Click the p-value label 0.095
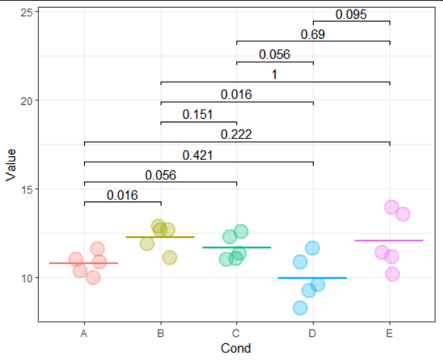pyautogui.click(x=351, y=15)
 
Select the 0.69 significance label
pyautogui.click(x=312, y=35)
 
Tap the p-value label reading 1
pyautogui.click(x=275, y=75)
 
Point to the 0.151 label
pyautogui.click(x=198, y=115)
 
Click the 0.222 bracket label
pyautogui.click(x=236, y=134)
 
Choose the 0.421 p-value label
pyautogui.click(x=198, y=155)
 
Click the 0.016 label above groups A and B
pyautogui.click(x=122, y=195)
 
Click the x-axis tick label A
pyautogui.click(x=84, y=334)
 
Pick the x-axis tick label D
pyautogui.click(x=312, y=334)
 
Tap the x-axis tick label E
pyautogui.click(x=389, y=334)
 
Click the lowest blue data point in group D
pyautogui.click(x=300, y=307)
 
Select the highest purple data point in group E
pyautogui.click(x=392, y=207)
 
